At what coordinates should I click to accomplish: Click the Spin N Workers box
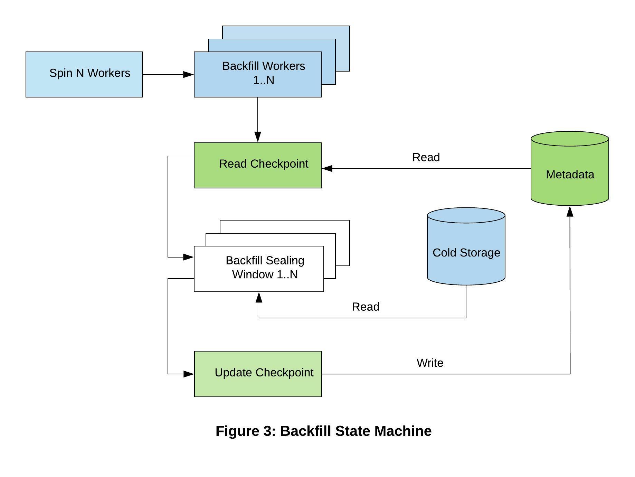84,74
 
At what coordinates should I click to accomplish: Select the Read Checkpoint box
258,165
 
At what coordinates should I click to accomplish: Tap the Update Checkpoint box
258,374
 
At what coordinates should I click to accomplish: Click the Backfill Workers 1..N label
264,73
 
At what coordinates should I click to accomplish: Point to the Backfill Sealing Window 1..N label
265,267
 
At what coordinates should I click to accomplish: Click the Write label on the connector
430,363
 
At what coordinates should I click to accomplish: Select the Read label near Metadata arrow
426,157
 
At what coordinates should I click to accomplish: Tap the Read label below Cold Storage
366,307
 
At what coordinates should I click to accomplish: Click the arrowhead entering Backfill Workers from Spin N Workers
188,74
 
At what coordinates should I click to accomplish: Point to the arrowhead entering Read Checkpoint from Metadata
327,168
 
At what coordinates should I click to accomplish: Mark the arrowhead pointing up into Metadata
570,211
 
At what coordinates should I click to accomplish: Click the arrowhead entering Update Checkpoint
189,374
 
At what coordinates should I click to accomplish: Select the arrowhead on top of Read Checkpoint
258,137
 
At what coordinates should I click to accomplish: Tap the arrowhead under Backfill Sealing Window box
259,297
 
